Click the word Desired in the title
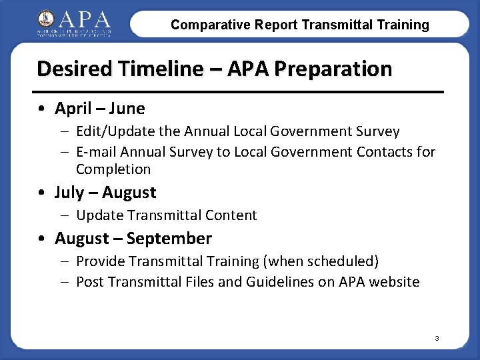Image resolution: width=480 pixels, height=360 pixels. [70, 69]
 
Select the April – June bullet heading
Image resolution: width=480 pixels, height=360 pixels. [100, 108]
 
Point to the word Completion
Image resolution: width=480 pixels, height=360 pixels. [113, 169]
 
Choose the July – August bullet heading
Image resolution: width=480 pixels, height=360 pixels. [105, 193]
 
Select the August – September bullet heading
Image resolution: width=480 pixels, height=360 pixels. [133, 238]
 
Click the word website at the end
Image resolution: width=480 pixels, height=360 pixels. [394, 282]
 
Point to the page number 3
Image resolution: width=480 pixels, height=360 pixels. [437, 339]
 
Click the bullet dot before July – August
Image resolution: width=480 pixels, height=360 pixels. [43, 193]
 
